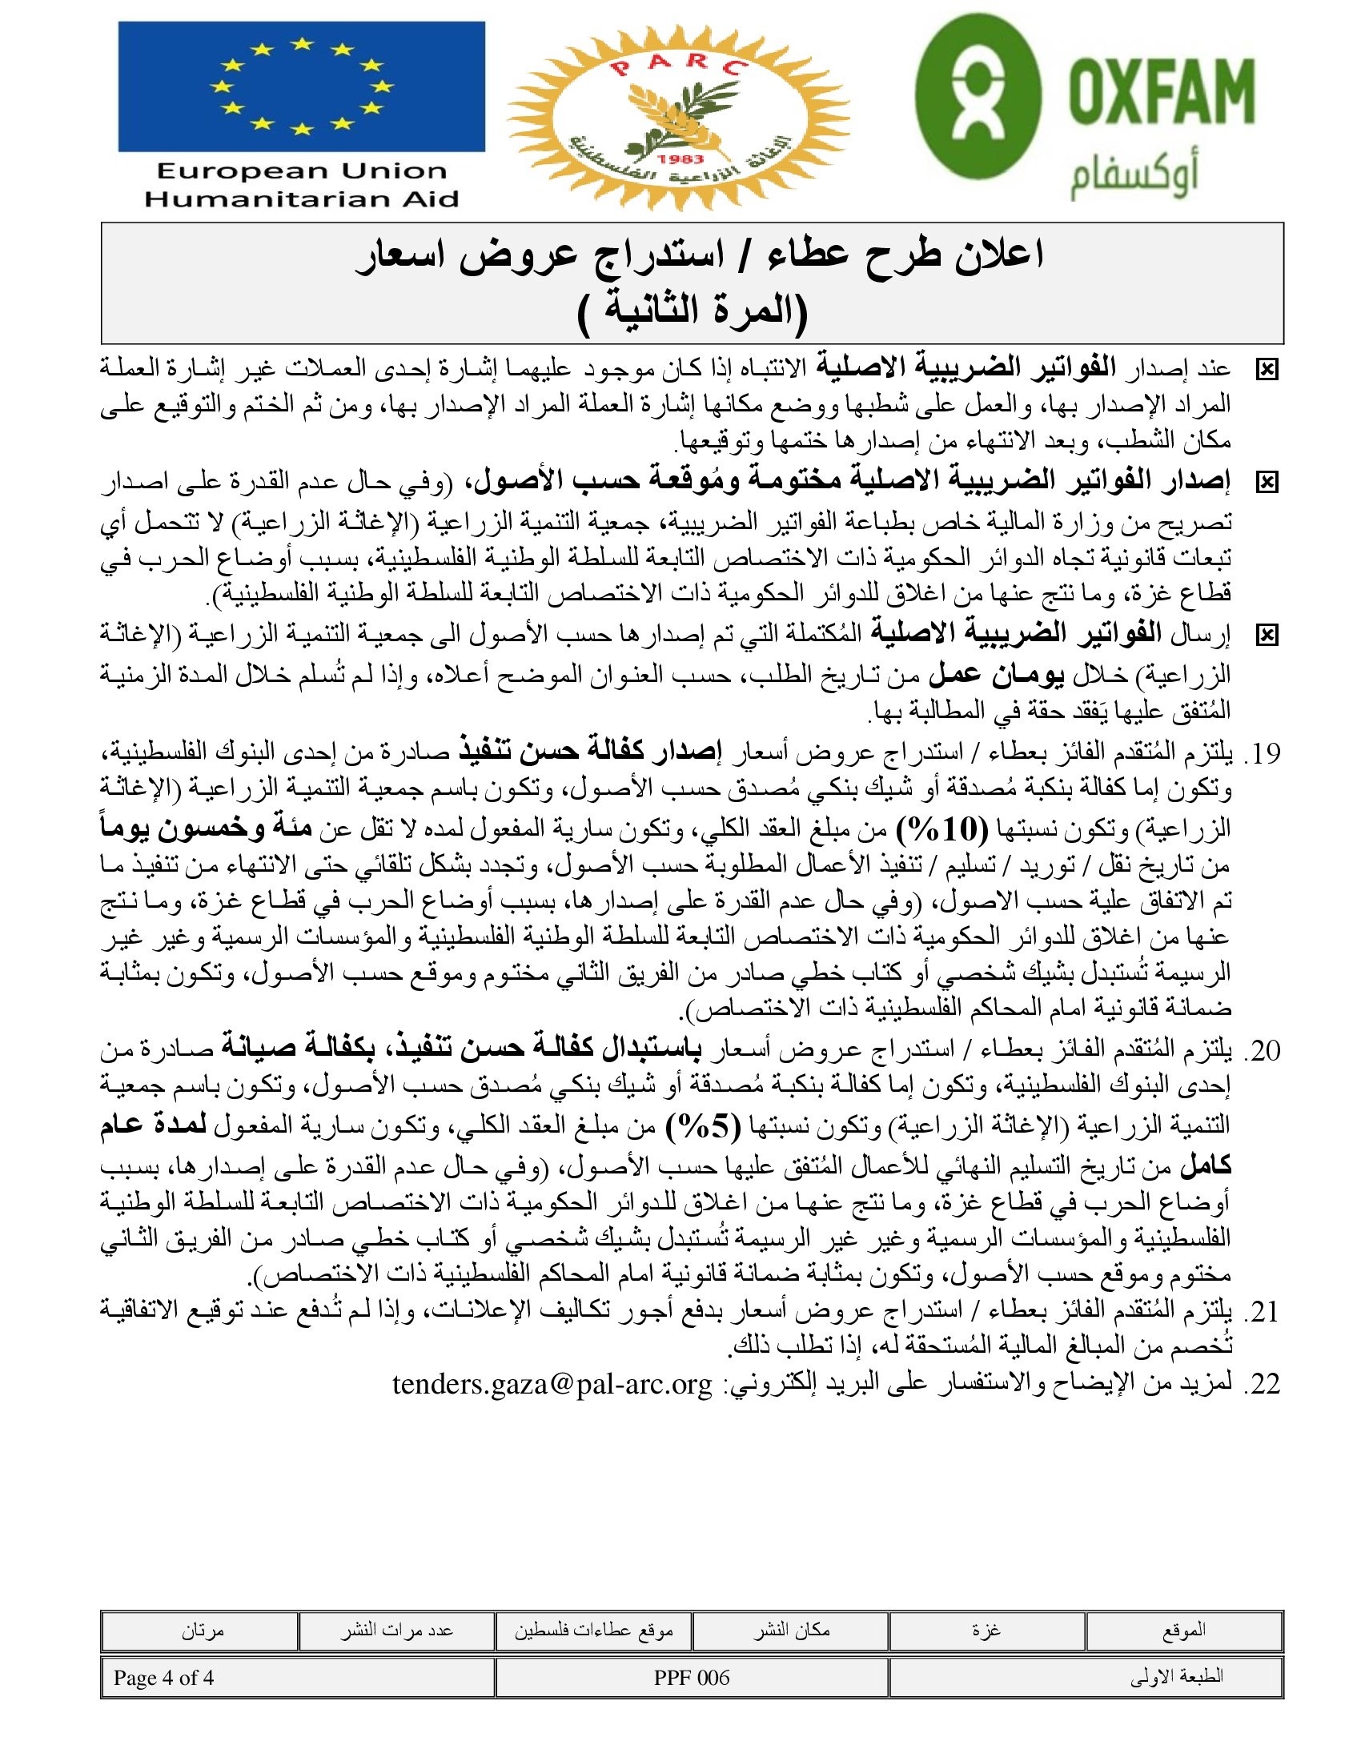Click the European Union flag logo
click(x=301, y=86)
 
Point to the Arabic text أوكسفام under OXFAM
click(x=1134, y=179)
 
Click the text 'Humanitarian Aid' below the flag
click(x=301, y=199)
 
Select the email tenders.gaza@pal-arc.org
click(x=552, y=1384)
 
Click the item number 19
click(x=1263, y=753)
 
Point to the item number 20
click(x=1263, y=1051)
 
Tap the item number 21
click(x=1263, y=1312)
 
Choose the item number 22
click(x=1263, y=1384)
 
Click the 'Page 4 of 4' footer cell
click(x=163, y=1678)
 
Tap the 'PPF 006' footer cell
click(x=691, y=1678)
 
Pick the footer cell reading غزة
click(x=986, y=1631)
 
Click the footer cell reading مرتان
click(x=202, y=1631)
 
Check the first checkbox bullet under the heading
click(x=1267, y=370)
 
